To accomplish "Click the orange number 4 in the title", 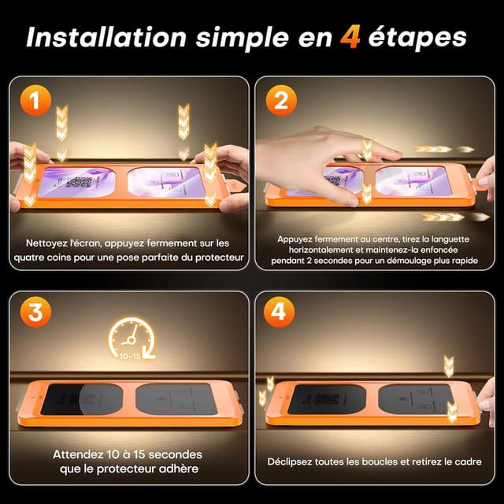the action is tap(350, 38).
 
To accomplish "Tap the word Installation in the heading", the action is tap(106, 37).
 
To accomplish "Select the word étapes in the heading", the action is tap(417, 39).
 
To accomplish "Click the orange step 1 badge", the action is tap(35, 101).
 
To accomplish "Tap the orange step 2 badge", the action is tap(281, 101).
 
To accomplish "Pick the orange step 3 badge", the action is tap(35, 312).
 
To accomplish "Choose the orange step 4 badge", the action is tap(279, 312).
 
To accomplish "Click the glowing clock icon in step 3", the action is tap(132, 338).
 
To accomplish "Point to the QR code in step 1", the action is tap(79, 182).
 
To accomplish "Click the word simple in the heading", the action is tap(243, 39).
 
